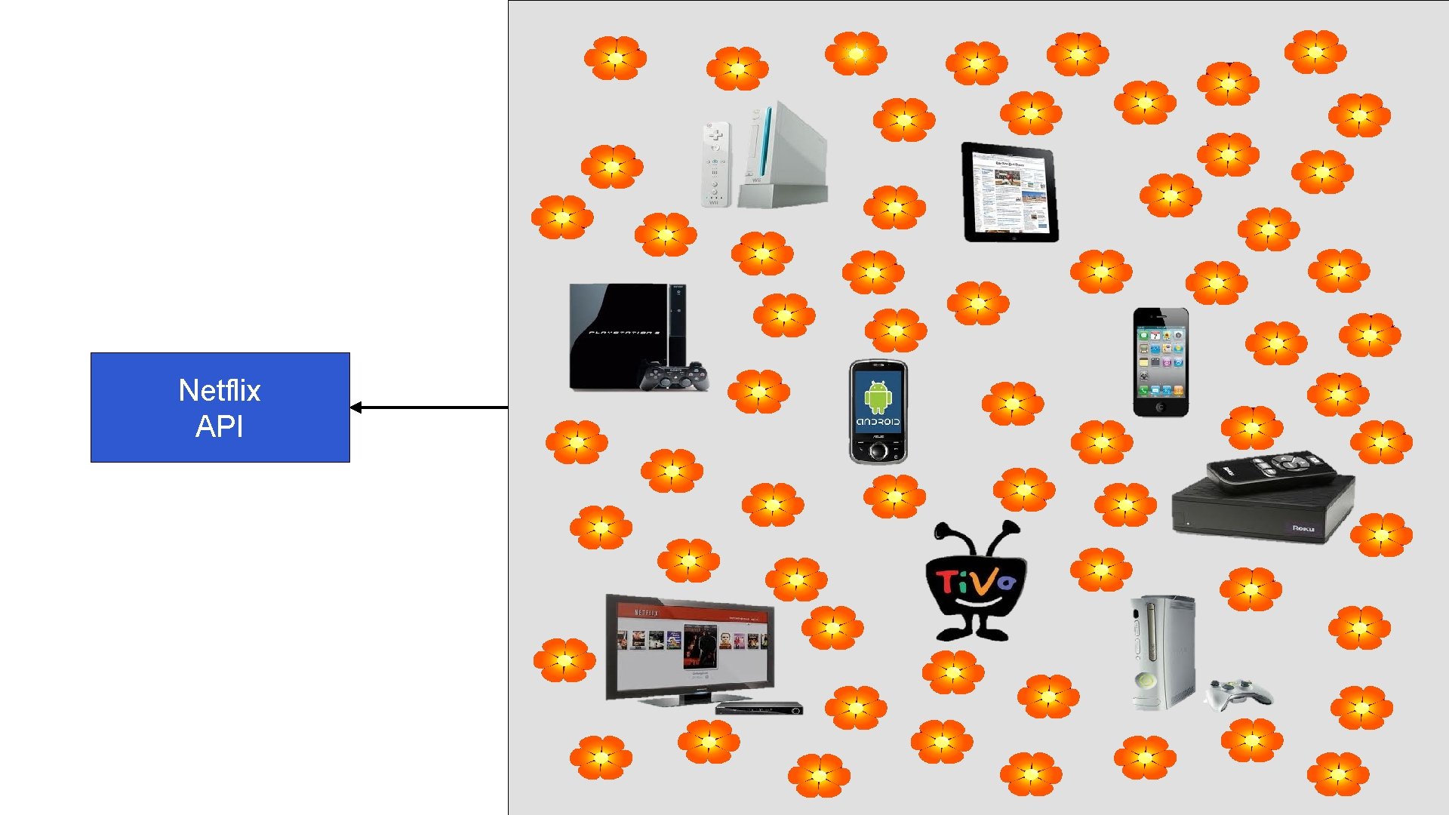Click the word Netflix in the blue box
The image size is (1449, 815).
[x=219, y=390]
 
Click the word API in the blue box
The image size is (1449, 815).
[x=219, y=426]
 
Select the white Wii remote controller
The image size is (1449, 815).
[x=715, y=164]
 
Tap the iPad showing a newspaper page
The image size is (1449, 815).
[x=1010, y=192]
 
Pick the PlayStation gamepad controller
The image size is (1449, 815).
[x=674, y=377]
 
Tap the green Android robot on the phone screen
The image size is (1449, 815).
[x=878, y=397]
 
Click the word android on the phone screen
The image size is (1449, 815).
[x=878, y=422]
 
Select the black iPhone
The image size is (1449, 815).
[x=1161, y=361]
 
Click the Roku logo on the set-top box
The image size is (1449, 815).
[x=1303, y=528]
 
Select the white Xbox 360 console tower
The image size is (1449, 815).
[x=1162, y=652]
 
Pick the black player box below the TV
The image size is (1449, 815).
[x=758, y=708]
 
